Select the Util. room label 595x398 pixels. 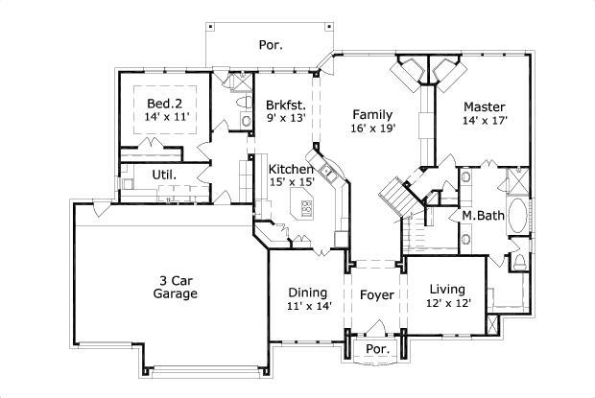163,175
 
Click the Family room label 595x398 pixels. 371,112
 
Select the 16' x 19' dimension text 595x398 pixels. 373,127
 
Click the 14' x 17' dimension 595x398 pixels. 484,121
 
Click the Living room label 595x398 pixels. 447,288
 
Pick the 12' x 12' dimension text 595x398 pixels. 447,304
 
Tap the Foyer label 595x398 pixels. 376,294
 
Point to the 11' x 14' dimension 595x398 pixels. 309,307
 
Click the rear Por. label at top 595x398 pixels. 270,44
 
